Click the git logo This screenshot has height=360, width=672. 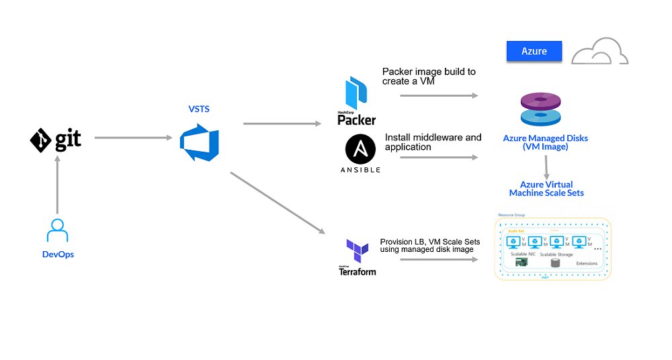point(56,140)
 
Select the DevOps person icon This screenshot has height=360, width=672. point(57,230)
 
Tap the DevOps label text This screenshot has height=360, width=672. point(57,255)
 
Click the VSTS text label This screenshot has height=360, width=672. point(200,109)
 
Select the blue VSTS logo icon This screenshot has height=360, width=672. point(200,139)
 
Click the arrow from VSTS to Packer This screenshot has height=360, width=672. point(282,124)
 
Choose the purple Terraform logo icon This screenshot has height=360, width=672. point(357,251)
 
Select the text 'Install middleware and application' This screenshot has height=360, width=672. point(433,142)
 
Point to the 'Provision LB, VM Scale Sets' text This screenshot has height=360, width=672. point(430,245)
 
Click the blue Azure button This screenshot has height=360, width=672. point(534,51)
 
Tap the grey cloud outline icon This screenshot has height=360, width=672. point(599,50)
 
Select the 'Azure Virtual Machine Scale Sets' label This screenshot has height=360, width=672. point(546,189)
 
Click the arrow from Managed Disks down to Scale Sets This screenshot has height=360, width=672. point(546,165)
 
